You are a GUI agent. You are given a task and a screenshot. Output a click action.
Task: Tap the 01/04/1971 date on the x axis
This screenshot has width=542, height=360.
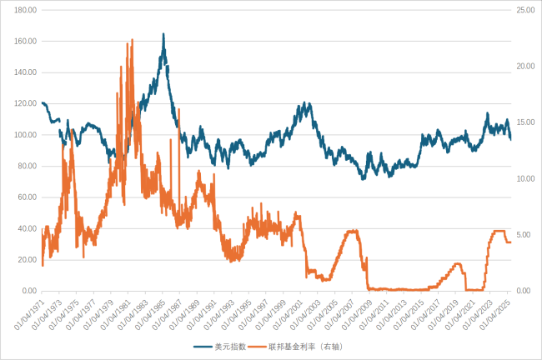27,314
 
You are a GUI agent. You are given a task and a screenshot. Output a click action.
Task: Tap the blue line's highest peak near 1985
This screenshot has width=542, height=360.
163,34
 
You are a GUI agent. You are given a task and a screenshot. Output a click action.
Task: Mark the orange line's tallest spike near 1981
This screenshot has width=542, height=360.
133,39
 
